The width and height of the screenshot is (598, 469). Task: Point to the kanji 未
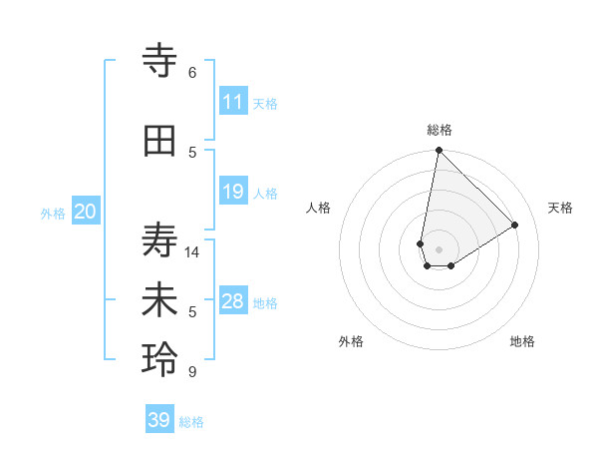coord(160,301)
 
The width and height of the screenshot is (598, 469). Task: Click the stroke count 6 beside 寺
coord(192,73)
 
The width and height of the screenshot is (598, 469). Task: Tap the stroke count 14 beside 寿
coord(192,252)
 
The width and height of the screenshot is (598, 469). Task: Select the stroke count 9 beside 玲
coord(192,372)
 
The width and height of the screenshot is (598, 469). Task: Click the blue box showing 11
coord(233,102)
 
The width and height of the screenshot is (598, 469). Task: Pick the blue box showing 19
coord(233,192)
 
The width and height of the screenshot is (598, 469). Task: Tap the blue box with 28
coord(233,301)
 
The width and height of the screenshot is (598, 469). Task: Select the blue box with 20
coord(86,212)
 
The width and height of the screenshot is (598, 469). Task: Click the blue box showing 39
coord(159,420)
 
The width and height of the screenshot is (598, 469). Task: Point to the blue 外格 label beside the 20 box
coord(53,213)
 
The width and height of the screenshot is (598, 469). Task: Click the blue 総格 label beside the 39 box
coord(191,422)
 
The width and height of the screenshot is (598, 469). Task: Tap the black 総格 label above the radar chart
coord(440,130)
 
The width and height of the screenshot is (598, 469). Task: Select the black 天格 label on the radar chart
coord(560,208)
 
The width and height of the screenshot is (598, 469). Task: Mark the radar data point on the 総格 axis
coord(439,151)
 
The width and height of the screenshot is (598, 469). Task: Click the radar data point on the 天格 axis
coord(515,225)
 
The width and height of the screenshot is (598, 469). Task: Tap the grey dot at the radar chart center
coord(439,248)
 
